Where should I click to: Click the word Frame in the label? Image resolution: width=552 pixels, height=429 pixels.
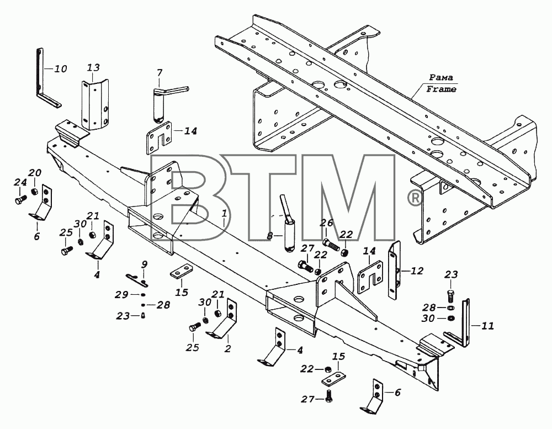click(x=441, y=89)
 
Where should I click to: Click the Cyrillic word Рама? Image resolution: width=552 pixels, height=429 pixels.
click(x=440, y=77)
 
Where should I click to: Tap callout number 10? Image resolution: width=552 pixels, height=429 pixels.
click(x=61, y=68)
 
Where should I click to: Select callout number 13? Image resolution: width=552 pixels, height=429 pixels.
click(x=93, y=67)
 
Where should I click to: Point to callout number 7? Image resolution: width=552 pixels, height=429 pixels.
click(x=160, y=73)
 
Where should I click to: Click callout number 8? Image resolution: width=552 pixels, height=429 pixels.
click(x=270, y=236)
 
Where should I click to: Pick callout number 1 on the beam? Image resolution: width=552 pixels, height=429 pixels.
click(x=224, y=213)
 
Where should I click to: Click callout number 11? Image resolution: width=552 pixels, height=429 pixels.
click(x=487, y=326)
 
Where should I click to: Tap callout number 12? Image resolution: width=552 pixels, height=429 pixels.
click(x=417, y=271)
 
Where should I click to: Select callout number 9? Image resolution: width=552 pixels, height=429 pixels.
click(x=144, y=264)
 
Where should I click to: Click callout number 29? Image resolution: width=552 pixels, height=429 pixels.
click(x=122, y=294)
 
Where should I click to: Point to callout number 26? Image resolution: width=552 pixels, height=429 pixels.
click(x=326, y=223)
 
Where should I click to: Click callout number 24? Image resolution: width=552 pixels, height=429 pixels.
click(x=20, y=182)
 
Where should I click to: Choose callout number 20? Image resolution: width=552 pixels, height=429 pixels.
click(x=35, y=173)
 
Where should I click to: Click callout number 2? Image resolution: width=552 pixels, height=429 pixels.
click(x=228, y=349)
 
